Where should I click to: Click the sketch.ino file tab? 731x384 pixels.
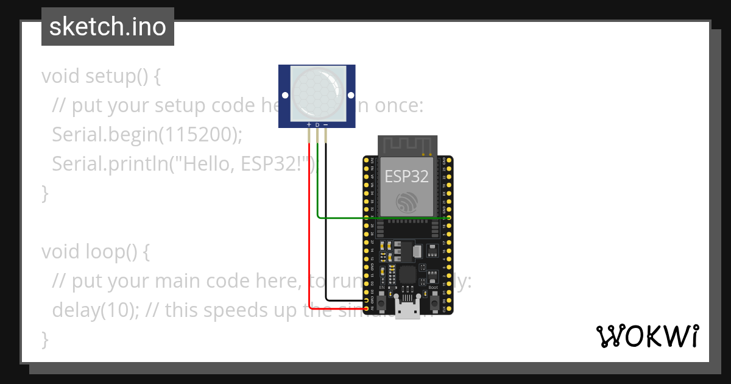[x=108, y=27]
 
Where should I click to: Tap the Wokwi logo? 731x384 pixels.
[x=647, y=336]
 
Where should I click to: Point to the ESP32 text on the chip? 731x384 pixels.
[x=406, y=177]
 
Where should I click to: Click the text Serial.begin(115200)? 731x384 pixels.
[x=147, y=135]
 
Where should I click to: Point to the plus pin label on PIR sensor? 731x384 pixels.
[x=309, y=125]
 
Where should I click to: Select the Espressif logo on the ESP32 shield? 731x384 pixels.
[x=406, y=202]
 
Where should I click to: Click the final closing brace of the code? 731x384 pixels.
[x=44, y=339]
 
